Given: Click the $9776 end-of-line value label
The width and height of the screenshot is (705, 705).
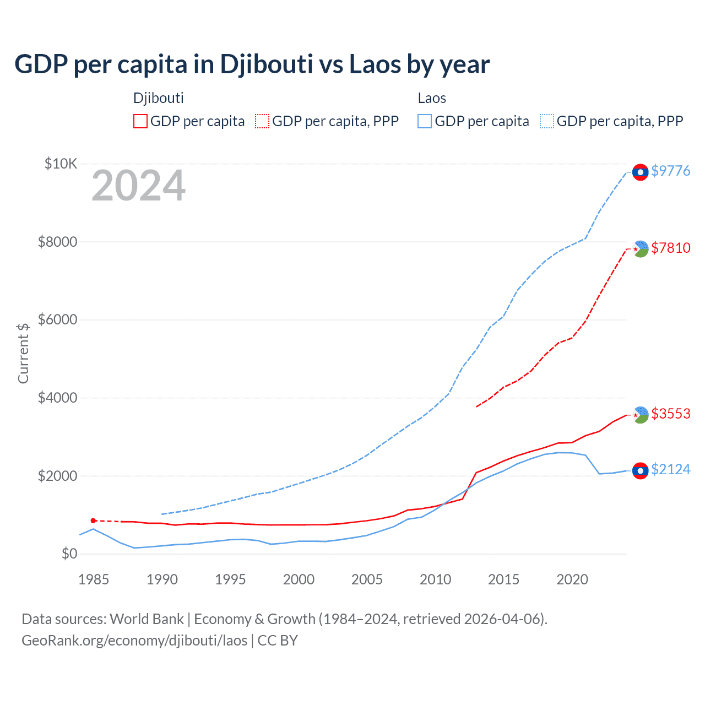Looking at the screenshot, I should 670,171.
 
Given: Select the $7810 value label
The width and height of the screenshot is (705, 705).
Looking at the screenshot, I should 670,248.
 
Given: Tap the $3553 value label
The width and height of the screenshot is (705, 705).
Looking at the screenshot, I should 670,414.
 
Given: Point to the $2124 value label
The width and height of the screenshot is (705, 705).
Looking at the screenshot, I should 670,469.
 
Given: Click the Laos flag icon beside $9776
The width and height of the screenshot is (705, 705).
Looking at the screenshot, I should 640,172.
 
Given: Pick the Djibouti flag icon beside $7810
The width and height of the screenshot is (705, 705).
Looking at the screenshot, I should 641,249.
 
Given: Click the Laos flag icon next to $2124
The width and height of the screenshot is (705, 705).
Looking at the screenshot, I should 640,470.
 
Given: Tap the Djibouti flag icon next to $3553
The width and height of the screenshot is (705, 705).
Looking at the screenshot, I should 641,415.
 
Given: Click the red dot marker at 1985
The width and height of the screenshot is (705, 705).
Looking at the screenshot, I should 93,520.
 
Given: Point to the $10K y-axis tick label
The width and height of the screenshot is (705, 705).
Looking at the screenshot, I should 61,164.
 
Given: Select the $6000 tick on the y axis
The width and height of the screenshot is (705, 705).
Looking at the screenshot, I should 57,319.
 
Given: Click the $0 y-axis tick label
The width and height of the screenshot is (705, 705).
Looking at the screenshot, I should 69,554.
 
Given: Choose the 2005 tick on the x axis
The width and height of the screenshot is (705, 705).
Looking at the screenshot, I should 367,579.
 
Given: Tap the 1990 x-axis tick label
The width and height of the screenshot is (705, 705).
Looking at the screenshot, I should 162,579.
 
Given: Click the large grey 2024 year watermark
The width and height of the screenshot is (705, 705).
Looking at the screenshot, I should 138,186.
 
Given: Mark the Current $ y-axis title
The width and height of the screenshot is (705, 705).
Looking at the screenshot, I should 23,353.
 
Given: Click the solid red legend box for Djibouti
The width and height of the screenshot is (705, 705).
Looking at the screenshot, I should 140,121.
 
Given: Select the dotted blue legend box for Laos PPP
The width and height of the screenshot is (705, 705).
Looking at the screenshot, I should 547,121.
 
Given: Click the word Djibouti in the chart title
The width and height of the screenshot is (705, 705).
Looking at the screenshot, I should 267,64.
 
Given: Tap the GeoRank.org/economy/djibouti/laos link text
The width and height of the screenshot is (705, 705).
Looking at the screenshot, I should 134,641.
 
